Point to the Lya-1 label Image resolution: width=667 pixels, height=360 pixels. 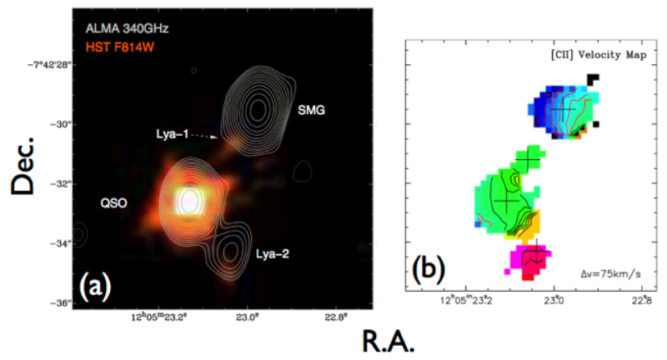pyautogui.click(x=174, y=133)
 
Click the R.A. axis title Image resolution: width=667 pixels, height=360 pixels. pyautogui.click(x=387, y=341)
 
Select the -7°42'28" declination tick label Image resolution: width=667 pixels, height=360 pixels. pyautogui.click(x=43, y=64)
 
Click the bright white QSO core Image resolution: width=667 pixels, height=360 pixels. pyautogui.click(x=190, y=200)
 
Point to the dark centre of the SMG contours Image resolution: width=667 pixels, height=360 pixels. pyautogui.click(x=258, y=108)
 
